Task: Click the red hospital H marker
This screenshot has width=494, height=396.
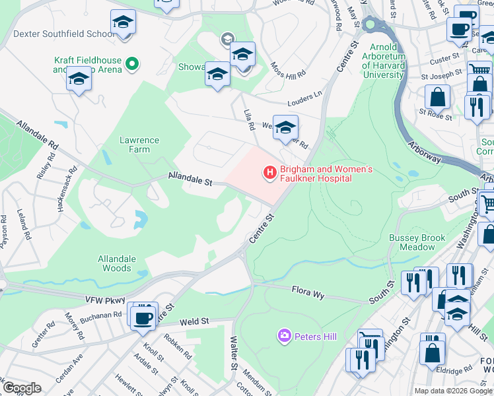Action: point(269,174)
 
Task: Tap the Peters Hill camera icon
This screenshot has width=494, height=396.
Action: point(285,337)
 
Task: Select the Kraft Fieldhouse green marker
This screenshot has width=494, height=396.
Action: point(132,64)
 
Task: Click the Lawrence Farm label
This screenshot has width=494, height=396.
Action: point(139,145)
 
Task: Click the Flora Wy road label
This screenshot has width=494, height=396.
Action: point(308,292)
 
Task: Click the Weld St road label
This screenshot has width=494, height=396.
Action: point(195,321)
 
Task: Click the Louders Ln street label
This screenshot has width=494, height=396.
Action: point(304,98)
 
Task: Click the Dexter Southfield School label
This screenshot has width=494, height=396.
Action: point(63,33)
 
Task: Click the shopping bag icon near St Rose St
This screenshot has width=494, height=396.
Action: point(437,98)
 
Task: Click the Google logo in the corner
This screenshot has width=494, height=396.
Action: point(22,388)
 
